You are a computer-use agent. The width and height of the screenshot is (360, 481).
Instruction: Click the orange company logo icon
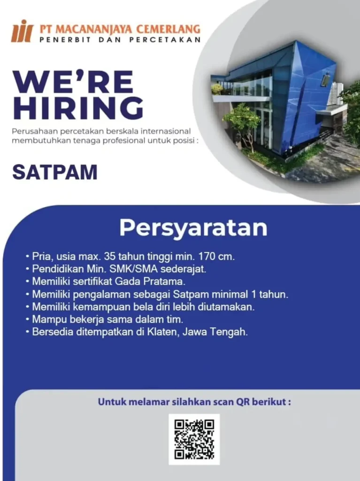click(22, 31)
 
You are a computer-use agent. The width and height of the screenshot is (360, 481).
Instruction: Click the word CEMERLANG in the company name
click(168, 29)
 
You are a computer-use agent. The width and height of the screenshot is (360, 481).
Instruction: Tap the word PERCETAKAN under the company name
click(165, 39)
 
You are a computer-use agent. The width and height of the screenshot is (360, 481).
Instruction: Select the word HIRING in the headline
click(78, 108)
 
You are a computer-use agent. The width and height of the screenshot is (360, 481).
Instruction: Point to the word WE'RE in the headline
click(73, 82)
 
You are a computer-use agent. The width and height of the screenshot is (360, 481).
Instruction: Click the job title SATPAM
click(55, 172)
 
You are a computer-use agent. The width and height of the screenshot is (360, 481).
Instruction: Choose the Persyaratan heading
click(193, 228)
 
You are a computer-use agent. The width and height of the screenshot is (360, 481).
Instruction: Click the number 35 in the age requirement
click(109, 256)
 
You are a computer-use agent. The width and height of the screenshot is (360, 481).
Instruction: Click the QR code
click(194, 439)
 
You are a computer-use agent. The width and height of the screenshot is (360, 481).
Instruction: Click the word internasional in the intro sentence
click(166, 132)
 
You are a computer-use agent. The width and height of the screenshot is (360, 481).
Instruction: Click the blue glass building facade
click(306, 95)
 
